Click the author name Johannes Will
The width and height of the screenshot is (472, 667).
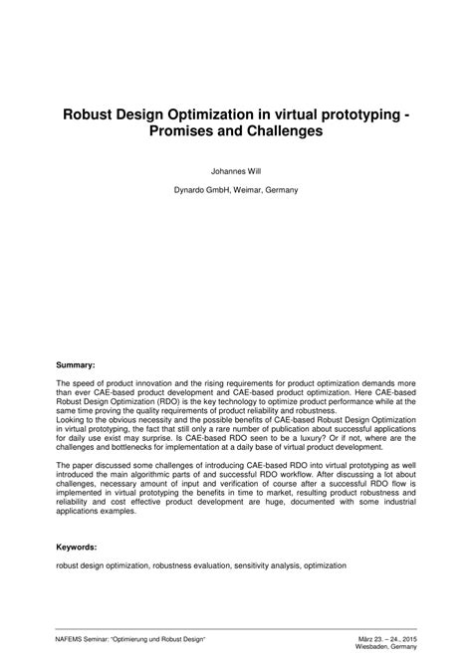click(x=235, y=170)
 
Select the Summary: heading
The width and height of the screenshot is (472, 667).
click(x=76, y=365)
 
